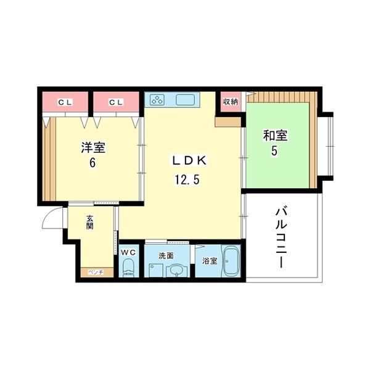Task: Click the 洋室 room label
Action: (x=93, y=149)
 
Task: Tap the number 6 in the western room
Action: (x=93, y=163)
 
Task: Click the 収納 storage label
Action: (x=230, y=102)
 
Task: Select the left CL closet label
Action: (x=65, y=102)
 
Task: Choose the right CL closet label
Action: (x=116, y=102)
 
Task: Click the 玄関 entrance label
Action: (x=89, y=222)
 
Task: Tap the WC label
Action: (x=128, y=253)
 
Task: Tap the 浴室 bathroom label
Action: (x=209, y=261)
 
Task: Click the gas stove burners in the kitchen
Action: (x=157, y=100)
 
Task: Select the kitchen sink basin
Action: (x=186, y=99)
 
